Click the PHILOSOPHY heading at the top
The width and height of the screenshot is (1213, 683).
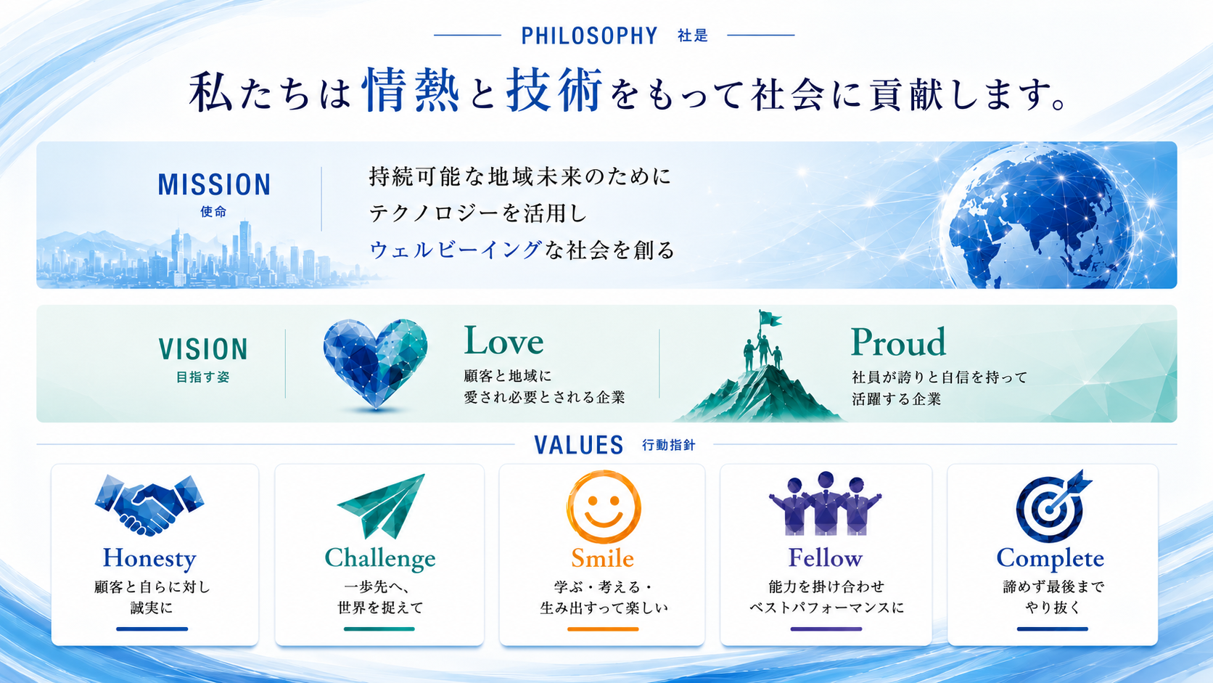point(589,36)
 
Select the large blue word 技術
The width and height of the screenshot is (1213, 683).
point(554,90)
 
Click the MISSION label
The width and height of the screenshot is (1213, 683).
point(214,184)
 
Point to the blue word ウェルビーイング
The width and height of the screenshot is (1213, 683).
point(456,250)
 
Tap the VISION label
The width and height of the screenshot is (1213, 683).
point(203,349)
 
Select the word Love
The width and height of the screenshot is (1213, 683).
point(503,341)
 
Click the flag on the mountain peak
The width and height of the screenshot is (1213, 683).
point(769,319)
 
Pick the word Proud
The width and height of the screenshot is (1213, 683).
point(898,343)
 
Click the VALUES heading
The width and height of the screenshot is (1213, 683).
point(578,445)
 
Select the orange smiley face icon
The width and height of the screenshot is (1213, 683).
point(604,507)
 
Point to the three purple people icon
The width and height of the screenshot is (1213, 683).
point(826,504)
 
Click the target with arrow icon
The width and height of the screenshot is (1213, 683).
point(1052,507)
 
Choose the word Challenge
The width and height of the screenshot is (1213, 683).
point(380,559)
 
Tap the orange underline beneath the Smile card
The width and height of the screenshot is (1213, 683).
point(603,629)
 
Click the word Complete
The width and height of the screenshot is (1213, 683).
point(1050,559)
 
